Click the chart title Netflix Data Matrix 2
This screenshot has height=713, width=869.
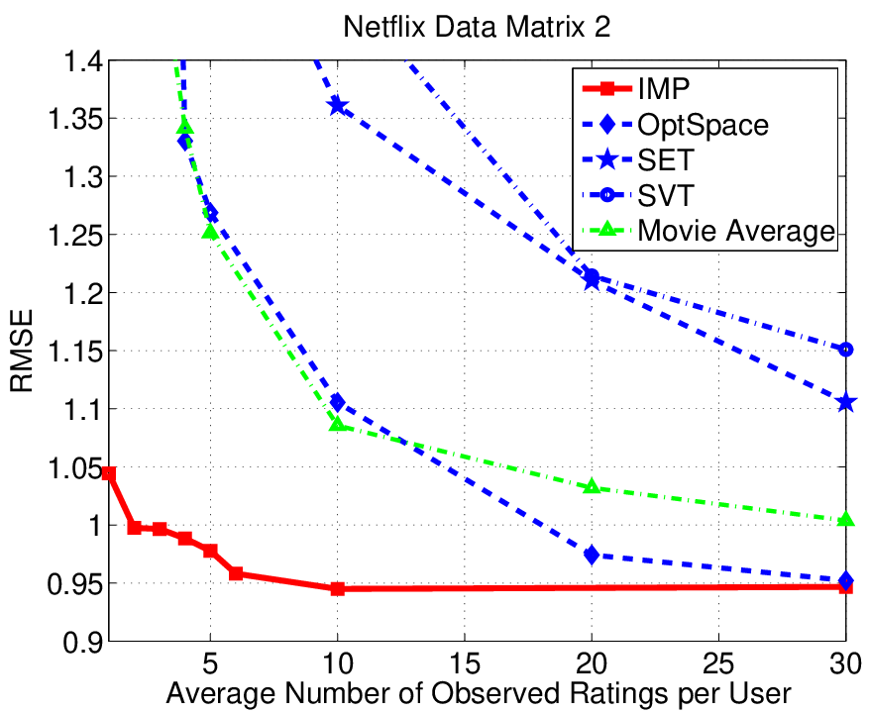coord(477,26)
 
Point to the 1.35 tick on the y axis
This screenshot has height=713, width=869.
coord(76,119)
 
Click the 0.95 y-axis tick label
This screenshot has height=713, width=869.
coord(76,584)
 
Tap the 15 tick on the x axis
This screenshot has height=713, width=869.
coord(465,663)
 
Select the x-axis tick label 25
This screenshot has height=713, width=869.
coord(718,663)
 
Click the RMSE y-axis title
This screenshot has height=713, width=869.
coord(22,351)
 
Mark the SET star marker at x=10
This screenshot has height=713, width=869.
coord(337,106)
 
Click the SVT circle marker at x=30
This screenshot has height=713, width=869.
coord(846,350)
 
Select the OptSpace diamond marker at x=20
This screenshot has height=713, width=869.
coord(592,555)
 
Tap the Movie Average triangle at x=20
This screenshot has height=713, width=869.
coord(592,486)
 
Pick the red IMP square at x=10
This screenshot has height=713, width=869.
coord(337,588)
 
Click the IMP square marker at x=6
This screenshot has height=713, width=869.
coord(236,573)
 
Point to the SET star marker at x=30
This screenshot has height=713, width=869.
coord(846,403)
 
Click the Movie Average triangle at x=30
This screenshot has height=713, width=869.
coord(846,519)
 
